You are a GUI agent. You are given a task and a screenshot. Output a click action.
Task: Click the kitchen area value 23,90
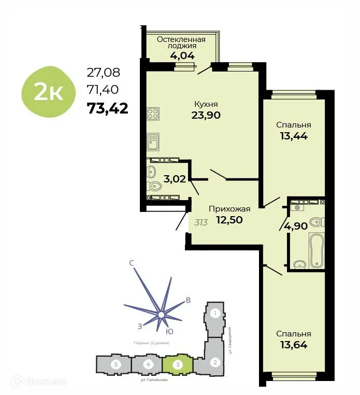pos(206,115)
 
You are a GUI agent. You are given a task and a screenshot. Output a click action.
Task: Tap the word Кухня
pos(206,103)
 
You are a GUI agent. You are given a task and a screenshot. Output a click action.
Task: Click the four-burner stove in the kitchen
pos(153,114)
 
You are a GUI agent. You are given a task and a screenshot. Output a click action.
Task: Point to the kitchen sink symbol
pos(153,140)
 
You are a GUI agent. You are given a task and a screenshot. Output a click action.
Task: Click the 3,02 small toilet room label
pos(175,179)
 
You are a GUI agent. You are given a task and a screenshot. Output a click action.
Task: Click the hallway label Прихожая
pos(229,209)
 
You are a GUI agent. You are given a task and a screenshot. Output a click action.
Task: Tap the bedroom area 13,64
pos(293,345)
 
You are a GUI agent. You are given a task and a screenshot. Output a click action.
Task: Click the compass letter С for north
pos(132,264)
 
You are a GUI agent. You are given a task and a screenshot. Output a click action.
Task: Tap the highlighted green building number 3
pos(178,364)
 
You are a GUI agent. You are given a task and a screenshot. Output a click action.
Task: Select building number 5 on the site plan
pos(117,364)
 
